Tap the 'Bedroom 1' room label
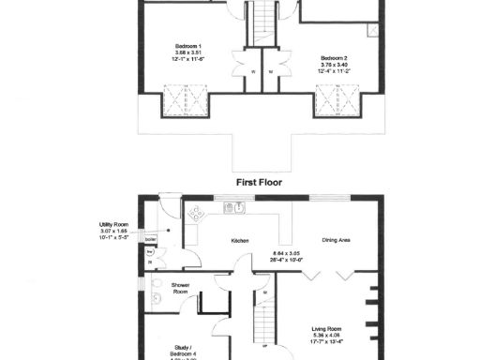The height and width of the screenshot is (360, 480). [187, 45]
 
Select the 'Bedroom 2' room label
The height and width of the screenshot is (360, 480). [334, 56]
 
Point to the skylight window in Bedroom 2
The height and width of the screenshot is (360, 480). [333, 98]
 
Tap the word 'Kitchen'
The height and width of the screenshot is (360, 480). [240, 241]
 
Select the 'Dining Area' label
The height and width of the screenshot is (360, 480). [337, 241]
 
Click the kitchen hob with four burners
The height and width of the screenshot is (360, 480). [199, 213]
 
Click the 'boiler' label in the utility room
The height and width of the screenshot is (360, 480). [150, 240]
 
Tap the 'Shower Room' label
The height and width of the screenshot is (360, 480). [181, 288]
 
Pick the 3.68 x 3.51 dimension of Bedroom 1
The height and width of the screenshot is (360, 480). [187, 52]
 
